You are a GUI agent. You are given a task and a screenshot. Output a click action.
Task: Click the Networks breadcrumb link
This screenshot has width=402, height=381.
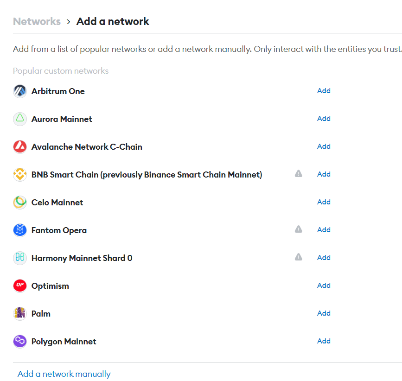37,21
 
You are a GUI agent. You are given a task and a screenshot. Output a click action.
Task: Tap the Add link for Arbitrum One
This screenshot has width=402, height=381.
324,91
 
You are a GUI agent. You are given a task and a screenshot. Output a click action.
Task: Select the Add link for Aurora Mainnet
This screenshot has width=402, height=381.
324,118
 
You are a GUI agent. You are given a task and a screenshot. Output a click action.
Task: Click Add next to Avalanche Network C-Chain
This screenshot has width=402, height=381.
324,146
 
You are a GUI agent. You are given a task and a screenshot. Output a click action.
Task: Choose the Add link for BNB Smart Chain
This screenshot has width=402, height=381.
324,174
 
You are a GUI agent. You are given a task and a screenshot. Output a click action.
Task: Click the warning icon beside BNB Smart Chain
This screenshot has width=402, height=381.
299,174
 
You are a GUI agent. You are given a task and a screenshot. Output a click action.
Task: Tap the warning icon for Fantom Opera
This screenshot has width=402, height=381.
299,229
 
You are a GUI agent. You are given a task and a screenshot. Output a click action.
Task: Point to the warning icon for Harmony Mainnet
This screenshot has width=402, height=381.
299,257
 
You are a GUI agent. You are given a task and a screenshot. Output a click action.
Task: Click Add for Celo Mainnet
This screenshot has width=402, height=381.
324,202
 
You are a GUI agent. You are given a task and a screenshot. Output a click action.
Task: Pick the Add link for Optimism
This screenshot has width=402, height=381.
324,286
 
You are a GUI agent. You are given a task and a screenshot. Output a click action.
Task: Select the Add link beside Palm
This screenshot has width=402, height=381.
324,313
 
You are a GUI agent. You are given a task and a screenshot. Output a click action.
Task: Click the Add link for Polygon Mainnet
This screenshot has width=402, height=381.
324,341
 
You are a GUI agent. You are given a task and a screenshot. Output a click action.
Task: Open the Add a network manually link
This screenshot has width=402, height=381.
64,374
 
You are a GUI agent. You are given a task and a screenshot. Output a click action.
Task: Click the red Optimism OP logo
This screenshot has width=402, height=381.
20,286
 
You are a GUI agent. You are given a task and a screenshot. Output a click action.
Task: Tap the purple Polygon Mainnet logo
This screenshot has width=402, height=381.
20,341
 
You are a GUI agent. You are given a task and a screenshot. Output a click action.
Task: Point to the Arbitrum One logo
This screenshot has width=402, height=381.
20,91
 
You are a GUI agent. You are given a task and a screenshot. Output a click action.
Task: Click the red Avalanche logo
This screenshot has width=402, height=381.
20,147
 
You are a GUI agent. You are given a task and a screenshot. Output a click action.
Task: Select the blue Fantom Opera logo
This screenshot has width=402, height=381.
20,230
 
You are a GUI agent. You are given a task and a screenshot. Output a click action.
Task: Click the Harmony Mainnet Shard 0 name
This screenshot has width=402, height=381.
82,258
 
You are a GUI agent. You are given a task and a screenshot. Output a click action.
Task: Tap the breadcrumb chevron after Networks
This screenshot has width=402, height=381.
68,22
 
